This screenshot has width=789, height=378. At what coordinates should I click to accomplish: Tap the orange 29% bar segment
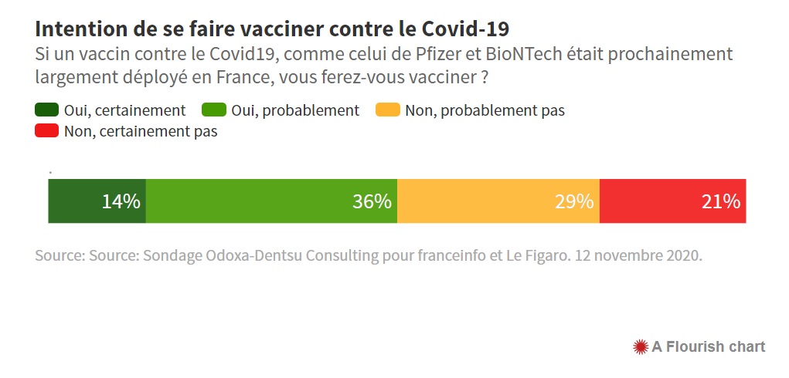487,201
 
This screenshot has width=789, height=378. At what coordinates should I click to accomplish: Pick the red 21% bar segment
657,201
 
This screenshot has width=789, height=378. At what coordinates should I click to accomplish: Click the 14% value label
121,202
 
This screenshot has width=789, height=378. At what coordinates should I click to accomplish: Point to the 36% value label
372,202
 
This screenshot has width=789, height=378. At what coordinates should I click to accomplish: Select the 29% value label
574,202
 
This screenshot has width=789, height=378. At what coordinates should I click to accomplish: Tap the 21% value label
721,202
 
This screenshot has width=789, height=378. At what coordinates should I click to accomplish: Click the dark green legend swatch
47,110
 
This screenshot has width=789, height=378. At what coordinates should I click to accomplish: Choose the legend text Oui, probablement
294,110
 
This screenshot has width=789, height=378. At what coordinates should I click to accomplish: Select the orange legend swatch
388,110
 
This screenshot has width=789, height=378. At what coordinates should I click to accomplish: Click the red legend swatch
47,131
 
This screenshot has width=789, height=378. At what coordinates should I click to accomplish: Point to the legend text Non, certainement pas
141,131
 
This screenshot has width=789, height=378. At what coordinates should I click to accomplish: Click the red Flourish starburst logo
640,346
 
